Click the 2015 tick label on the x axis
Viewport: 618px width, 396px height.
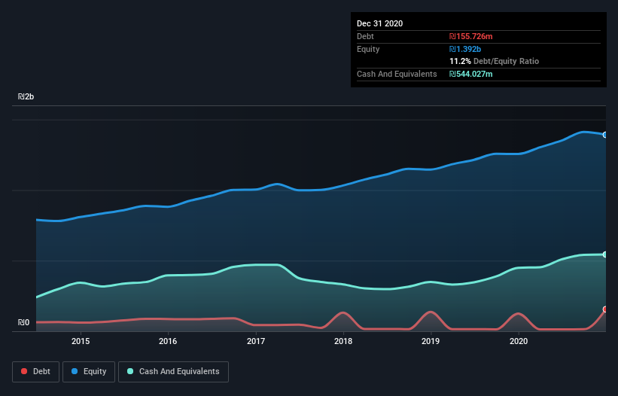click(x=81, y=341)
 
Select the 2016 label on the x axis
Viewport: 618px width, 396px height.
click(x=168, y=341)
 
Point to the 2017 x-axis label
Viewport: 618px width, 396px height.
click(x=256, y=341)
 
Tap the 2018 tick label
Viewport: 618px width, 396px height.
click(x=343, y=341)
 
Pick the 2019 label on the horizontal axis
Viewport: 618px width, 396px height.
click(x=431, y=341)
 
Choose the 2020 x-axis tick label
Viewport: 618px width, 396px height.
click(x=519, y=341)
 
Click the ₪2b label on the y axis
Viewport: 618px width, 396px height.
click(x=26, y=97)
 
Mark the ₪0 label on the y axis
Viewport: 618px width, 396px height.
click(x=23, y=323)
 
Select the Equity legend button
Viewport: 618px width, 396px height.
click(x=89, y=371)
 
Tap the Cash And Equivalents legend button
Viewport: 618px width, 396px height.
click(x=173, y=371)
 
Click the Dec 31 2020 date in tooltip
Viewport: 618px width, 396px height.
click(x=379, y=23)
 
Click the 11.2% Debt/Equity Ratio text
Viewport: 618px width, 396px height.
click(x=494, y=61)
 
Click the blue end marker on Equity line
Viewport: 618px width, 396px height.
click(x=605, y=135)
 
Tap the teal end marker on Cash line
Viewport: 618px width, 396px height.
click(x=605, y=254)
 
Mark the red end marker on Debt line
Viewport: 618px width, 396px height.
click(x=605, y=309)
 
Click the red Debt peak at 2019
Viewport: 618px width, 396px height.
click(x=431, y=312)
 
